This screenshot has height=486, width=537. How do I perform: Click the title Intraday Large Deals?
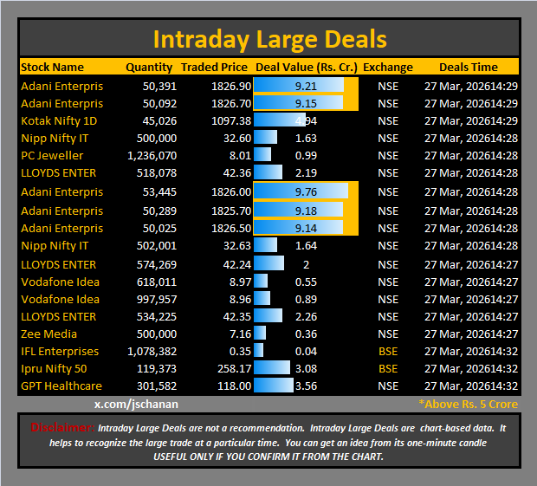[268, 39]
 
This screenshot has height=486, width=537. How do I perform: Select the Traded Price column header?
[214, 67]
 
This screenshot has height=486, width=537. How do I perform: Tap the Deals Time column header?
[468, 67]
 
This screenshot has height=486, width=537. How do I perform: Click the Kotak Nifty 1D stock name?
[59, 120]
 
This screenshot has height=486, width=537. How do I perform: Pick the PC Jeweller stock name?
[53, 155]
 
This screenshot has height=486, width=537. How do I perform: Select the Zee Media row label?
[49, 334]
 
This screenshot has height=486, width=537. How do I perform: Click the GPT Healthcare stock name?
[61, 386]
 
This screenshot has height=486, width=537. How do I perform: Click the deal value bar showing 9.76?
[301, 191]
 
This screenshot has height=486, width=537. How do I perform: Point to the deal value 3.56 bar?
[275, 386]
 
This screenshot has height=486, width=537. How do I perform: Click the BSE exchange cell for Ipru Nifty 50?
[388, 368]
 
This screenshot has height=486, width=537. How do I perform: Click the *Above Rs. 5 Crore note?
[468, 404]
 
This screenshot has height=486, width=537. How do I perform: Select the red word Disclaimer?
[61, 427]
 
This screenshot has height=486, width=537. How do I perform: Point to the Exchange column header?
[388, 67]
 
